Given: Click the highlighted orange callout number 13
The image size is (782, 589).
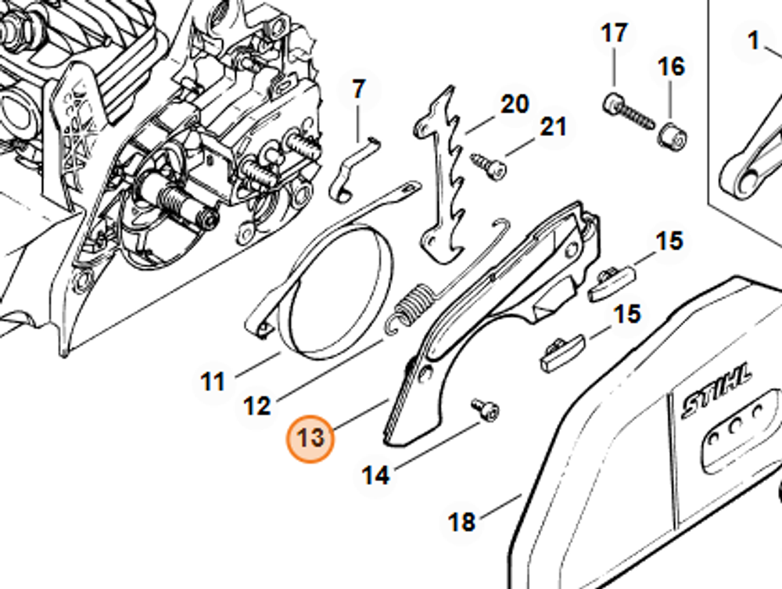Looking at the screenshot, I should click(311, 438).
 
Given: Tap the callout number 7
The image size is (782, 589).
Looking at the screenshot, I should click(359, 89).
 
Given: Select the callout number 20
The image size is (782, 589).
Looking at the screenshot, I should click(514, 104).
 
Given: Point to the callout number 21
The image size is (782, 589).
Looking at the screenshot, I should click(552, 126).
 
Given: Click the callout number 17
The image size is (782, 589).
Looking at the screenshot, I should click(614, 34).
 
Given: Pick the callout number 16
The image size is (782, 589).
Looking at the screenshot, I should click(671, 66).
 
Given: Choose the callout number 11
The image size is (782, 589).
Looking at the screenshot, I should click(213, 382).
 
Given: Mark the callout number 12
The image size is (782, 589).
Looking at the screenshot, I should click(257, 406).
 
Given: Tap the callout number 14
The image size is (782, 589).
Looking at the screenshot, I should click(375, 474).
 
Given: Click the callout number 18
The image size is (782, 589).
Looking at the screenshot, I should click(462, 522).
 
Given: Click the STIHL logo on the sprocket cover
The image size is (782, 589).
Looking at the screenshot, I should click(716, 389).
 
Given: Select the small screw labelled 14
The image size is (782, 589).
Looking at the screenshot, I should click(485, 410).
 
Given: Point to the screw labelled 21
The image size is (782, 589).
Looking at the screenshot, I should click(488, 165).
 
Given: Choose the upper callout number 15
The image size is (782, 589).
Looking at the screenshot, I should click(669, 241).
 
